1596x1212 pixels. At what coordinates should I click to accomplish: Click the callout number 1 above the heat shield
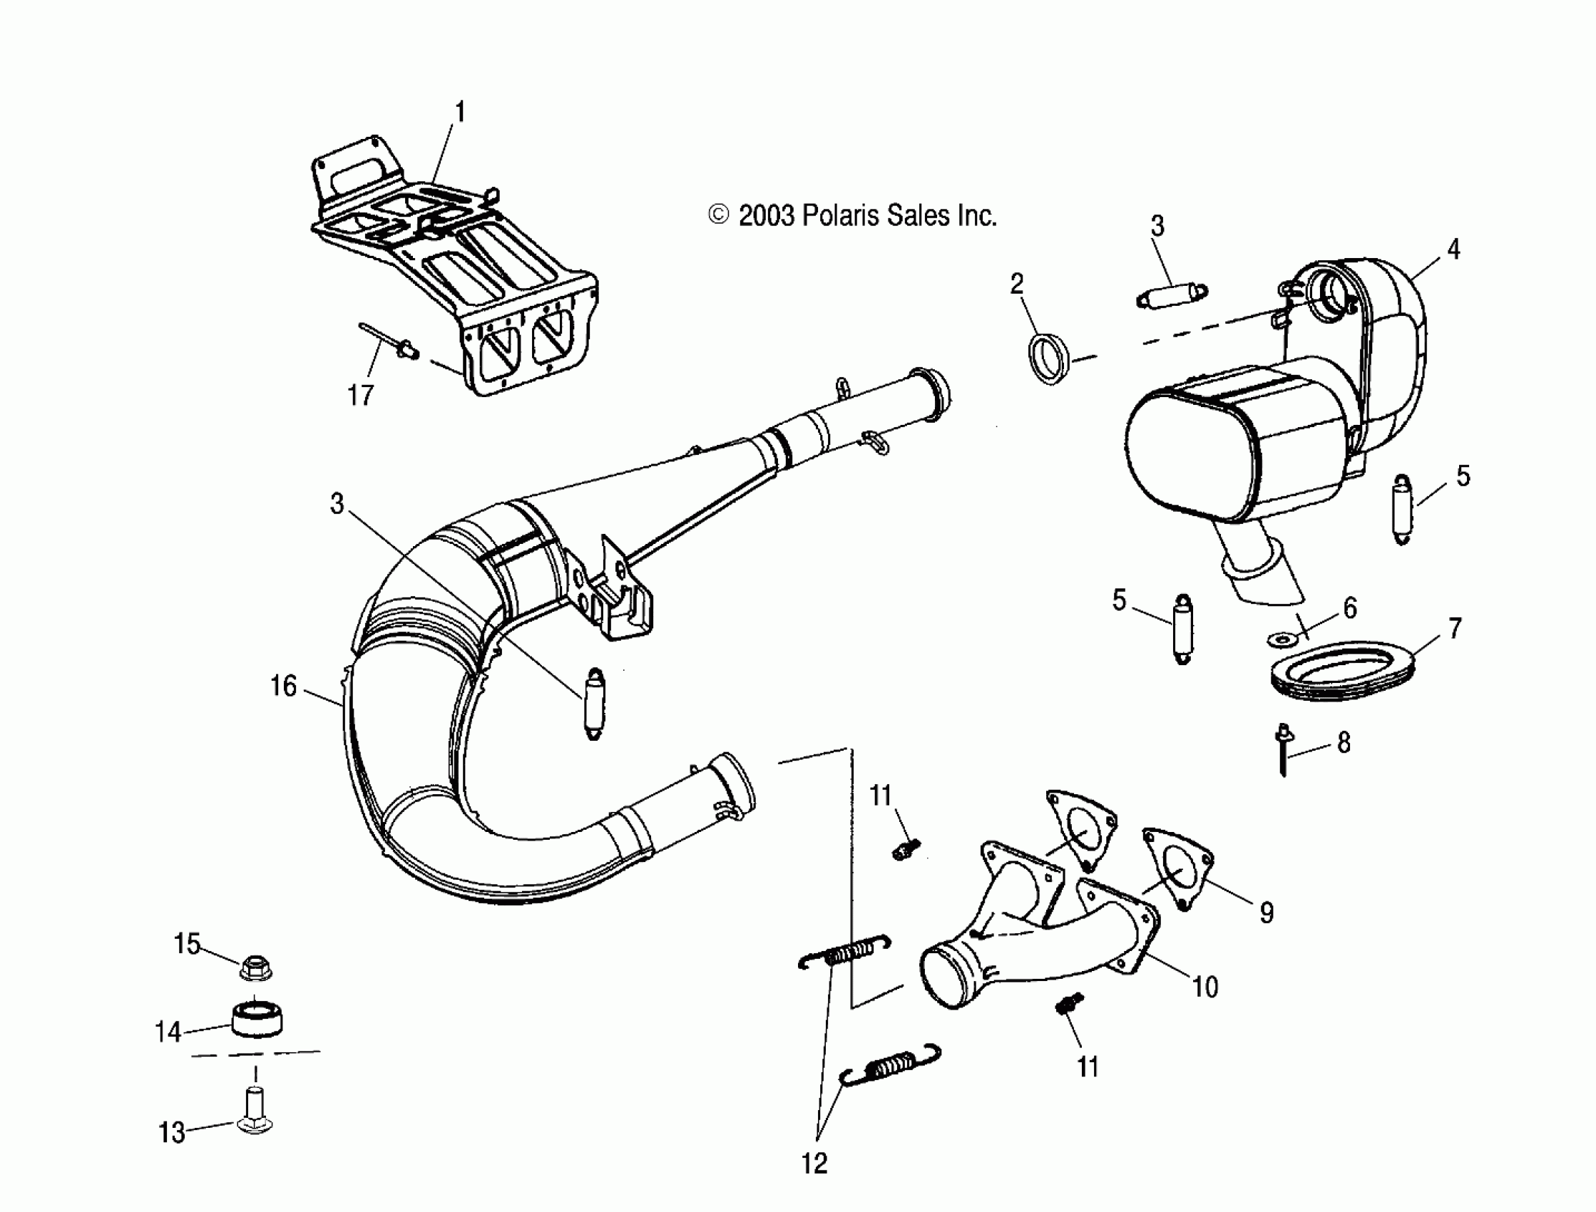coord(459,113)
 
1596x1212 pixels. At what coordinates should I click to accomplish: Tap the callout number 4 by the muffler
coord(1453,250)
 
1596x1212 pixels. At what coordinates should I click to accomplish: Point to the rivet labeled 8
coord(1284,750)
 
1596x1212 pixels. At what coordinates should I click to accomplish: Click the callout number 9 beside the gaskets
coord(1267,913)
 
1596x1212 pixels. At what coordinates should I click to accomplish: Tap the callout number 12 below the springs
coord(814,1163)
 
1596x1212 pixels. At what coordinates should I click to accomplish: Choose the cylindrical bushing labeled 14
coord(256,1019)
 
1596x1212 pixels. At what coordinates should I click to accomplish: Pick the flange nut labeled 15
coord(255,967)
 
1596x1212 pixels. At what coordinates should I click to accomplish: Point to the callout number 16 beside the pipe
coord(284,686)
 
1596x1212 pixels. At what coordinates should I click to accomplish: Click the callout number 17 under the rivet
coord(361,396)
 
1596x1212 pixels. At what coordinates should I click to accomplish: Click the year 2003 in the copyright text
coord(766,216)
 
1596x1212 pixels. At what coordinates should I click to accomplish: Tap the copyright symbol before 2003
coord(719,215)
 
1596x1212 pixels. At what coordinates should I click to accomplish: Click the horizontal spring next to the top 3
coord(1172,297)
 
